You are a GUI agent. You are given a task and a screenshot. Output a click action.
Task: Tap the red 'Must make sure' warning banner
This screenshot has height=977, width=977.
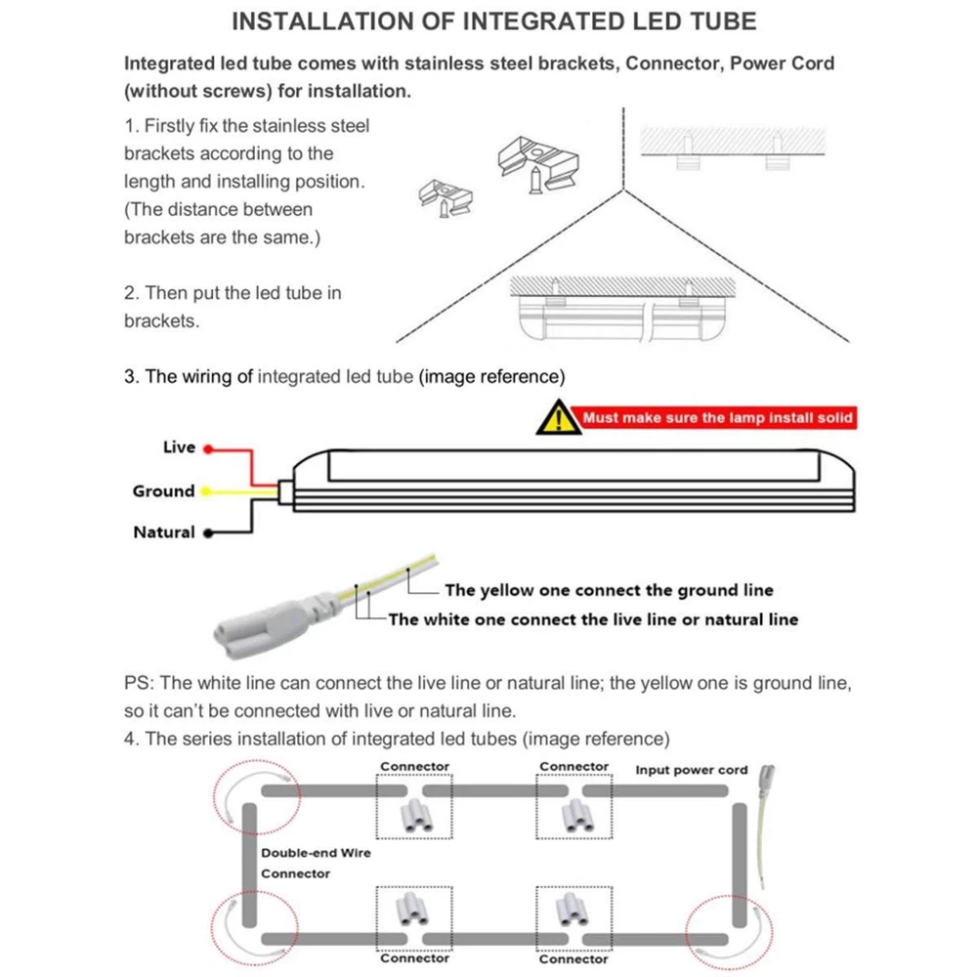(718, 418)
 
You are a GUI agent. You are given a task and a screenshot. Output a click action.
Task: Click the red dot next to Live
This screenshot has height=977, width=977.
(208, 447)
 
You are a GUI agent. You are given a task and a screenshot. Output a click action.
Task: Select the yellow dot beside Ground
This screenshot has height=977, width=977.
(207, 491)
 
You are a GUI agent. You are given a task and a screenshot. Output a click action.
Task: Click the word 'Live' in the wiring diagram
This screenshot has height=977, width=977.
(179, 447)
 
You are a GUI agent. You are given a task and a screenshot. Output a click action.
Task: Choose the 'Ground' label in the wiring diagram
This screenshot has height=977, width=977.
(163, 491)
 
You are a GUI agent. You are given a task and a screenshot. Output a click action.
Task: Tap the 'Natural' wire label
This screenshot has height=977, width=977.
(163, 532)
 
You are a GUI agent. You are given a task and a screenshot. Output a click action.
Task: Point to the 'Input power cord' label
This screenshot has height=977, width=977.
(691, 770)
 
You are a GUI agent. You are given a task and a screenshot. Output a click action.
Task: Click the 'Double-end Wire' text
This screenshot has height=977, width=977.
(316, 853)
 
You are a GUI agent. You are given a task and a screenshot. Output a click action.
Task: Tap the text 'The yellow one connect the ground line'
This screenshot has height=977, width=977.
(608, 590)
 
